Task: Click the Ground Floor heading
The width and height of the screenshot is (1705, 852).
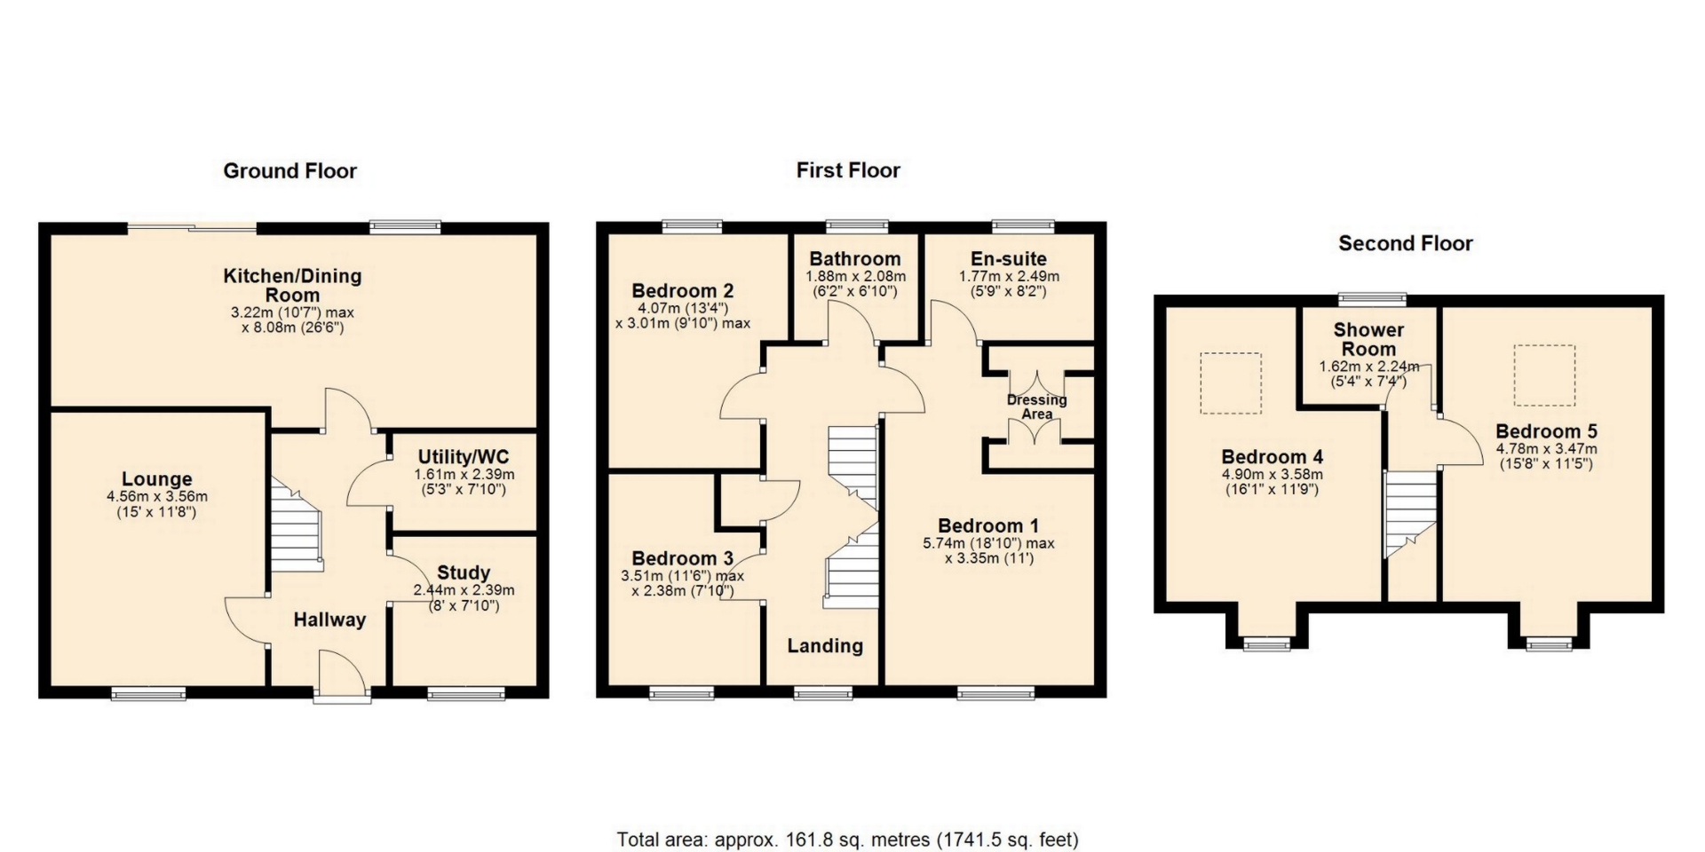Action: point(289,171)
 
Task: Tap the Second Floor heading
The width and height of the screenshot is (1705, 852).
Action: point(1405,244)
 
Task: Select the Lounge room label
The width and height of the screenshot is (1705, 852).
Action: point(157,480)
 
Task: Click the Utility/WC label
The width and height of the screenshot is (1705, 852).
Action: point(464,457)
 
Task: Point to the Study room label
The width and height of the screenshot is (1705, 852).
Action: point(464,573)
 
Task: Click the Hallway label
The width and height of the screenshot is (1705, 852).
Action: point(329,620)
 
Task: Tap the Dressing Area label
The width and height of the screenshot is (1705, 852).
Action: point(1037,406)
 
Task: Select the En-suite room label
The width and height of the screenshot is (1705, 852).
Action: point(1009,259)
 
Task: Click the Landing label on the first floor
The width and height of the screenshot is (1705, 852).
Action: point(825,646)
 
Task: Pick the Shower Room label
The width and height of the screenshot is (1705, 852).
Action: point(1368,340)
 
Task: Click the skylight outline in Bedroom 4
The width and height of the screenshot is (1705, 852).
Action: point(1231,383)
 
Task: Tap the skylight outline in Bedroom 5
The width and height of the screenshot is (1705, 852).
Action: point(1544,375)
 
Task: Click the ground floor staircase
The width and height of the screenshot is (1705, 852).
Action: point(296,525)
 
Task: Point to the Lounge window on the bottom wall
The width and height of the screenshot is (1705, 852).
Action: point(148,694)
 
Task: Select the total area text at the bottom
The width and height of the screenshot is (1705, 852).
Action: point(848,839)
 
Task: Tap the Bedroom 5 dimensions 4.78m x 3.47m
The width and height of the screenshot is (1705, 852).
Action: point(1546,456)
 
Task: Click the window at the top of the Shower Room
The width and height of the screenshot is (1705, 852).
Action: point(1373,299)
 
